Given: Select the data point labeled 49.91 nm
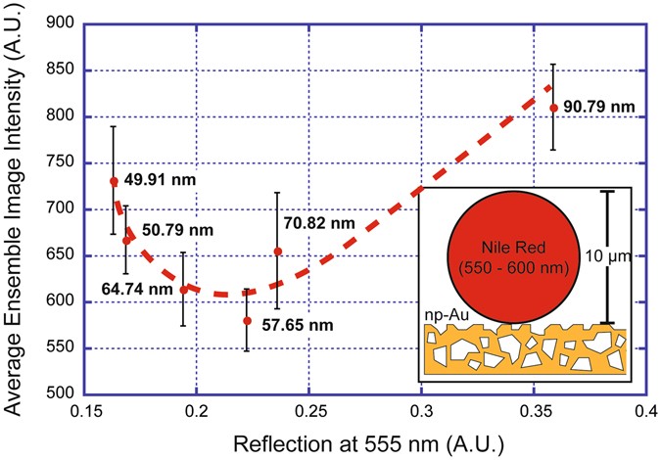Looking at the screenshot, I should (x=114, y=181).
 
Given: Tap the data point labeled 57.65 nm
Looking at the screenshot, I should (x=247, y=321).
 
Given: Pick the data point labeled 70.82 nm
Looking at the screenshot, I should (x=277, y=252).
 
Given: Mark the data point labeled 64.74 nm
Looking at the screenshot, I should (x=183, y=290).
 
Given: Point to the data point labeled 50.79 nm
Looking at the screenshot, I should (x=126, y=240).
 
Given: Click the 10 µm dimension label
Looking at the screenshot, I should (x=612, y=258).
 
